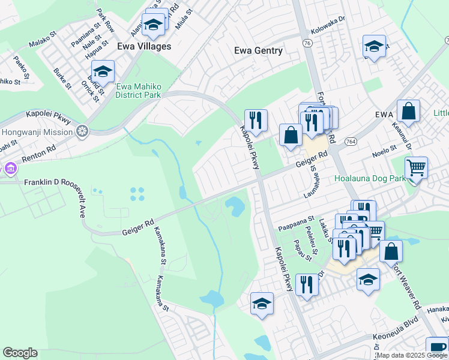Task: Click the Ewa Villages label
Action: [145, 46]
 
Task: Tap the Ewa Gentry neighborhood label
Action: [258, 50]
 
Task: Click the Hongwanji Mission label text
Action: [37, 131]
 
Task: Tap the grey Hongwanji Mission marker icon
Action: [82, 131]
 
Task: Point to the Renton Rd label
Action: [38, 155]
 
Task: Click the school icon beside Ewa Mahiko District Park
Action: [103, 72]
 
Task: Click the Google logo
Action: [20, 353]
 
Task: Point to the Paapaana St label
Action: [297, 219]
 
